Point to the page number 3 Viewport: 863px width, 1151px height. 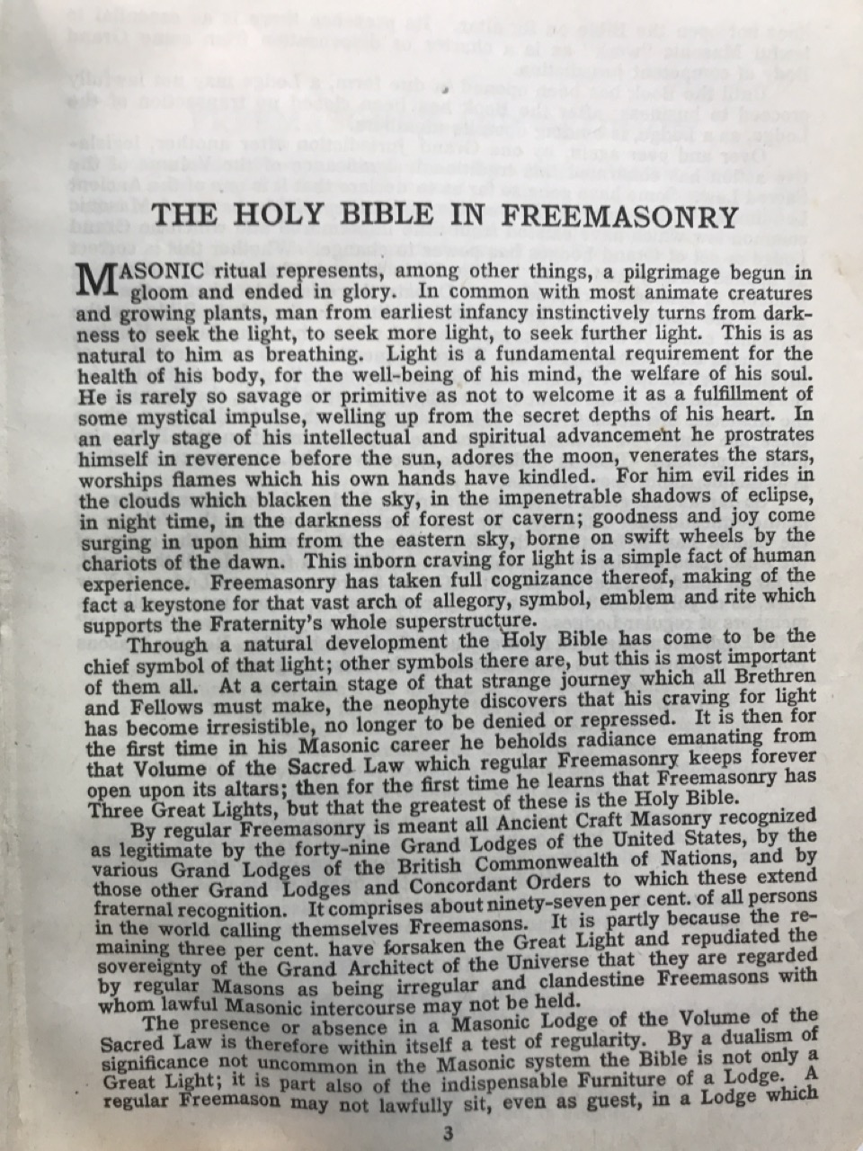(446, 1134)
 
